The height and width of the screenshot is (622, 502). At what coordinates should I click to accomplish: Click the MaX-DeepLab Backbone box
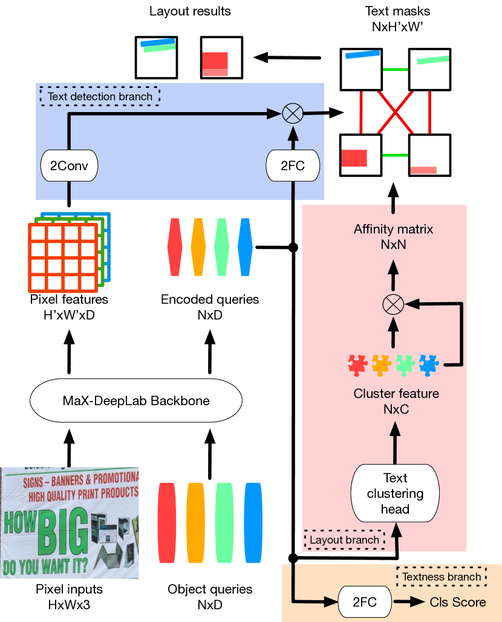coord(136,400)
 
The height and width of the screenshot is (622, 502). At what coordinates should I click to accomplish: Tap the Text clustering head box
coord(395,493)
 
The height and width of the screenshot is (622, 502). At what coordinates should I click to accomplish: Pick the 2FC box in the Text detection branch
coord(293,165)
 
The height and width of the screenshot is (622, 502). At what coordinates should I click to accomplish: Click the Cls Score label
coord(458,602)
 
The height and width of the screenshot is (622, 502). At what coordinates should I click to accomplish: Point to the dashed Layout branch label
coord(344,540)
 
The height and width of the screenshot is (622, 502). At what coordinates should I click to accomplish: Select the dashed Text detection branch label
coord(100,96)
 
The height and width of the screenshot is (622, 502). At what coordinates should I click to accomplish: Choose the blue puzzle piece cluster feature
coord(431,365)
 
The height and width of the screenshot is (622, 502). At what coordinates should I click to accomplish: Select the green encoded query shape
coord(221,246)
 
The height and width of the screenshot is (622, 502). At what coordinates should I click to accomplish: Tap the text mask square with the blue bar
coord(361,68)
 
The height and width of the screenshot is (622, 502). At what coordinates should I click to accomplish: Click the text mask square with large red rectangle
coord(361,154)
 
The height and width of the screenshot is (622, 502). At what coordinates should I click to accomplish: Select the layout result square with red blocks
coord(221,58)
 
